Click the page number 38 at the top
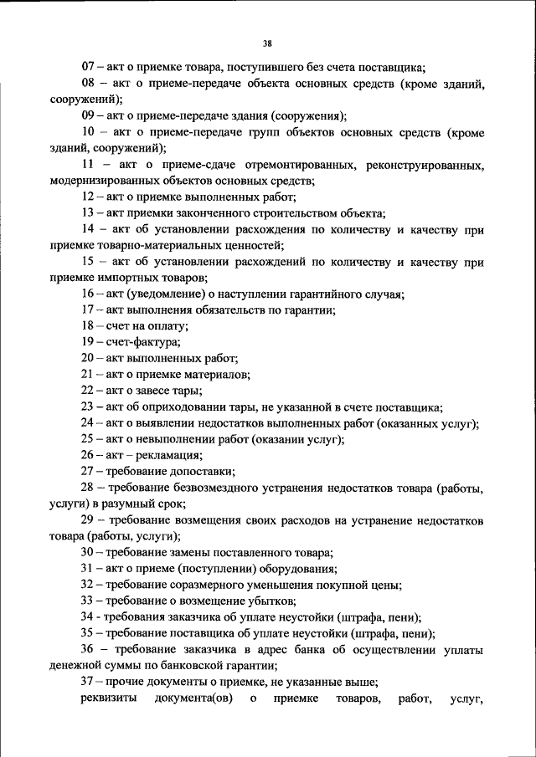(x=267, y=43)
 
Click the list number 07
(x=88, y=67)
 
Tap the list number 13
(x=88, y=212)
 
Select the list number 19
(x=88, y=342)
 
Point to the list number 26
(x=88, y=456)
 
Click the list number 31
(x=88, y=569)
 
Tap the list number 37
(x=88, y=682)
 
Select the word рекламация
(x=169, y=456)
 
